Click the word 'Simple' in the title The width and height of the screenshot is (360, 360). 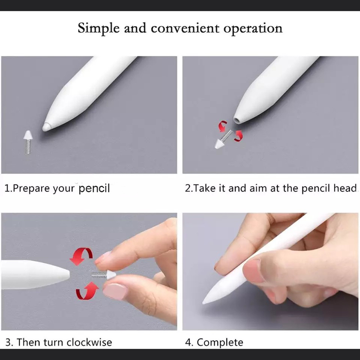[99, 28]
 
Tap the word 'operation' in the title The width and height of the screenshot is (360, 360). [253, 29]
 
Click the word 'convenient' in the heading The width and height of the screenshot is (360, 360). [185, 28]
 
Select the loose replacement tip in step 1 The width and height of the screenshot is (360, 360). [28, 142]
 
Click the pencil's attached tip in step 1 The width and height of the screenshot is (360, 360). [46, 127]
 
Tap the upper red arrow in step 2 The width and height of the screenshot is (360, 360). [223, 126]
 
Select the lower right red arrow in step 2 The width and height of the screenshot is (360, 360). [238, 136]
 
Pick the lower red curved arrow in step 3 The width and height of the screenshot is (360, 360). [87, 291]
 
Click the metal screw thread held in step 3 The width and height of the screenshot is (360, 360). [99, 274]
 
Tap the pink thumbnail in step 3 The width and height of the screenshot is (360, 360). [115, 291]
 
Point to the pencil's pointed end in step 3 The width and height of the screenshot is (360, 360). [68, 273]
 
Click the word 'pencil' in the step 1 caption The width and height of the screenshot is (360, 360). [94, 189]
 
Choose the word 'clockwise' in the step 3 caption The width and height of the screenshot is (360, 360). [89, 342]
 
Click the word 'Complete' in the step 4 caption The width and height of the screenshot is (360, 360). [220, 343]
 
